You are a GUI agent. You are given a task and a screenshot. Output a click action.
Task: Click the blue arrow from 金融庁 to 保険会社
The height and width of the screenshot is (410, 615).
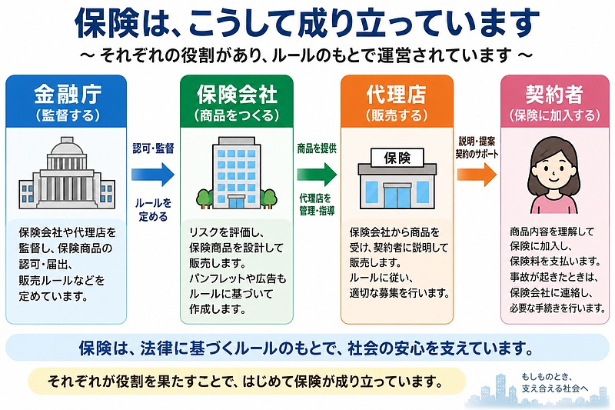(x=153, y=174)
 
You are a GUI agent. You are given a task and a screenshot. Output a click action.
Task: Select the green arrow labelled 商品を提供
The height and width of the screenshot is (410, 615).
(x=317, y=174)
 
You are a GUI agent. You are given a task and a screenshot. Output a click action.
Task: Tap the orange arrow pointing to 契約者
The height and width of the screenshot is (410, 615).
(x=477, y=174)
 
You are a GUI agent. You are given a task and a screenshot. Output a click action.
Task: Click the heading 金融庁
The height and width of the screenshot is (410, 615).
(x=68, y=94)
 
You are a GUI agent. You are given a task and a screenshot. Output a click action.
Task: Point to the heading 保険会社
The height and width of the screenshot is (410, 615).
(x=237, y=94)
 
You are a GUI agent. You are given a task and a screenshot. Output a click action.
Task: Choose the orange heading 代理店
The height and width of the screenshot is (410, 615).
(x=396, y=94)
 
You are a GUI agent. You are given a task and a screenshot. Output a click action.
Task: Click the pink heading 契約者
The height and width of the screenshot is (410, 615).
(x=554, y=94)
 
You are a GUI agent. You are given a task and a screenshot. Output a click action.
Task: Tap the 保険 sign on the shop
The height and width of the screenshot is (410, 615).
(x=397, y=158)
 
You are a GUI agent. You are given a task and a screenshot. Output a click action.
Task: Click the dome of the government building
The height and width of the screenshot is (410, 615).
(x=67, y=147)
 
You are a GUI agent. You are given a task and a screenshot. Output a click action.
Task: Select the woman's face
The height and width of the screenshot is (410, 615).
(x=553, y=169)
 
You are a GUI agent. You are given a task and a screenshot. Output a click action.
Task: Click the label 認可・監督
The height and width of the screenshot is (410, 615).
(x=153, y=148)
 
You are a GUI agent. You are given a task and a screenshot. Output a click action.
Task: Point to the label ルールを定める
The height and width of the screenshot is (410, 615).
(x=153, y=209)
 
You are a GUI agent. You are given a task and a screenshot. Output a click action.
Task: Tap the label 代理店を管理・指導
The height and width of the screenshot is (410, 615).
(x=317, y=205)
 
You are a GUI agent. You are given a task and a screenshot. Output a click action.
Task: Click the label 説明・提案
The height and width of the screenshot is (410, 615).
(x=477, y=142)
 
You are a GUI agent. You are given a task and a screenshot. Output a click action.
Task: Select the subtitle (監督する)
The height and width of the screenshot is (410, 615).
(x=68, y=115)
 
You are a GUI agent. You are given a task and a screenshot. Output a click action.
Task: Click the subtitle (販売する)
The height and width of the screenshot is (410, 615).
(x=396, y=115)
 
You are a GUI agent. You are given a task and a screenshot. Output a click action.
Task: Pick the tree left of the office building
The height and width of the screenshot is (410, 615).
(x=204, y=198)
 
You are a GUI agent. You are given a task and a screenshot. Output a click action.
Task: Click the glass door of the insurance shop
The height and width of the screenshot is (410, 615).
(x=397, y=195)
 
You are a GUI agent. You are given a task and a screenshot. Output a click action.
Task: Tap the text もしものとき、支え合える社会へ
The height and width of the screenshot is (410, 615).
(x=554, y=382)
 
